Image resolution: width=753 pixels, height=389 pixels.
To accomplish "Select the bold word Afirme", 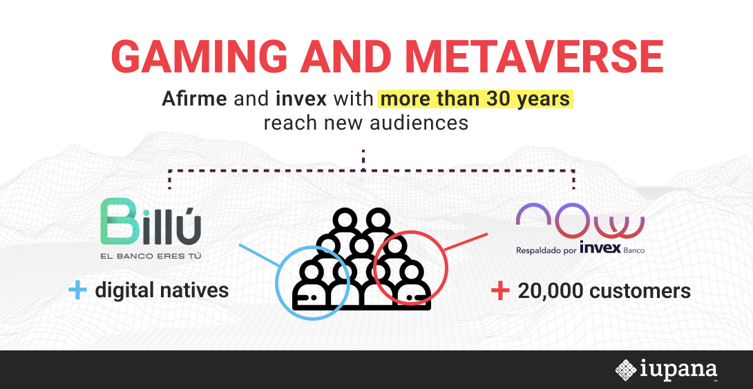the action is [x=195, y=99].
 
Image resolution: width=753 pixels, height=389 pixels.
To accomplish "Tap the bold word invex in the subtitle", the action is [x=301, y=99].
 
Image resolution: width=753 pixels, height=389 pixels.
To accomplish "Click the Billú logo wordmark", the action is [x=151, y=221].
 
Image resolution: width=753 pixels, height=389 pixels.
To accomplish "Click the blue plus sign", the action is [x=77, y=290].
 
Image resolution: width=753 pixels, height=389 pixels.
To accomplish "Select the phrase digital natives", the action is [x=162, y=290].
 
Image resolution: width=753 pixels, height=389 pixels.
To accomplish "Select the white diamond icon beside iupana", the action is [x=626, y=370].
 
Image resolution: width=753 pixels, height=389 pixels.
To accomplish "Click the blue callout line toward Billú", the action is [x=259, y=255].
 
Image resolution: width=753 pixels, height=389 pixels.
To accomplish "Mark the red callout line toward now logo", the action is [x=466, y=242].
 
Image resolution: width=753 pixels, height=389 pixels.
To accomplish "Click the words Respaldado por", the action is [x=546, y=250].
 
